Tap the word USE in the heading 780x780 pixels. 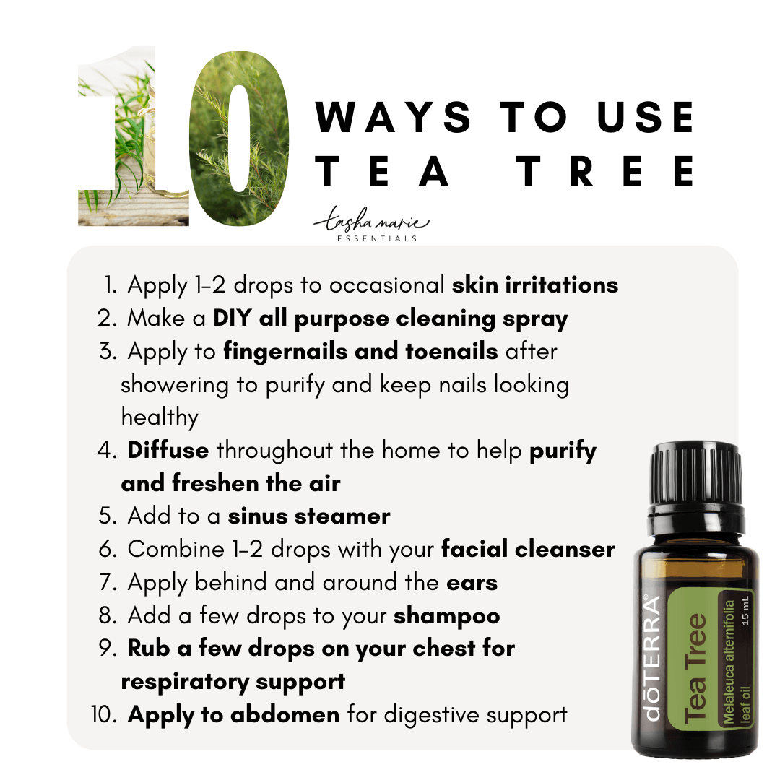(x=646, y=118)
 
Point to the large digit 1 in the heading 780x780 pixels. (x=134, y=136)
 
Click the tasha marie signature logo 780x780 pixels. (x=372, y=220)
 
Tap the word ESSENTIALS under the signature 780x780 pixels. (x=377, y=239)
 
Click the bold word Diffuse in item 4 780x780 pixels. (x=168, y=450)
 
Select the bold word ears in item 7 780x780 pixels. (x=472, y=583)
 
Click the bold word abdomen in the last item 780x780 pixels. (x=285, y=715)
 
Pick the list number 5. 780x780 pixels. (x=108, y=516)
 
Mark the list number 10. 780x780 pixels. (x=103, y=714)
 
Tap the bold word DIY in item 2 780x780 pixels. (x=232, y=318)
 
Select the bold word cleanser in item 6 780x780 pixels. (x=565, y=549)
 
